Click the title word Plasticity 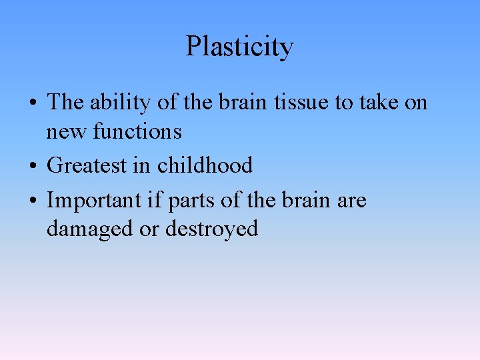pyautogui.click(x=239, y=47)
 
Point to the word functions pyautogui.click(x=137, y=131)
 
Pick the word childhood pyautogui.click(x=205, y=165)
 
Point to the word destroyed pyautogui.click(x=211, y=229)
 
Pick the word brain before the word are pyautogui.click(x=305, y=200)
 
